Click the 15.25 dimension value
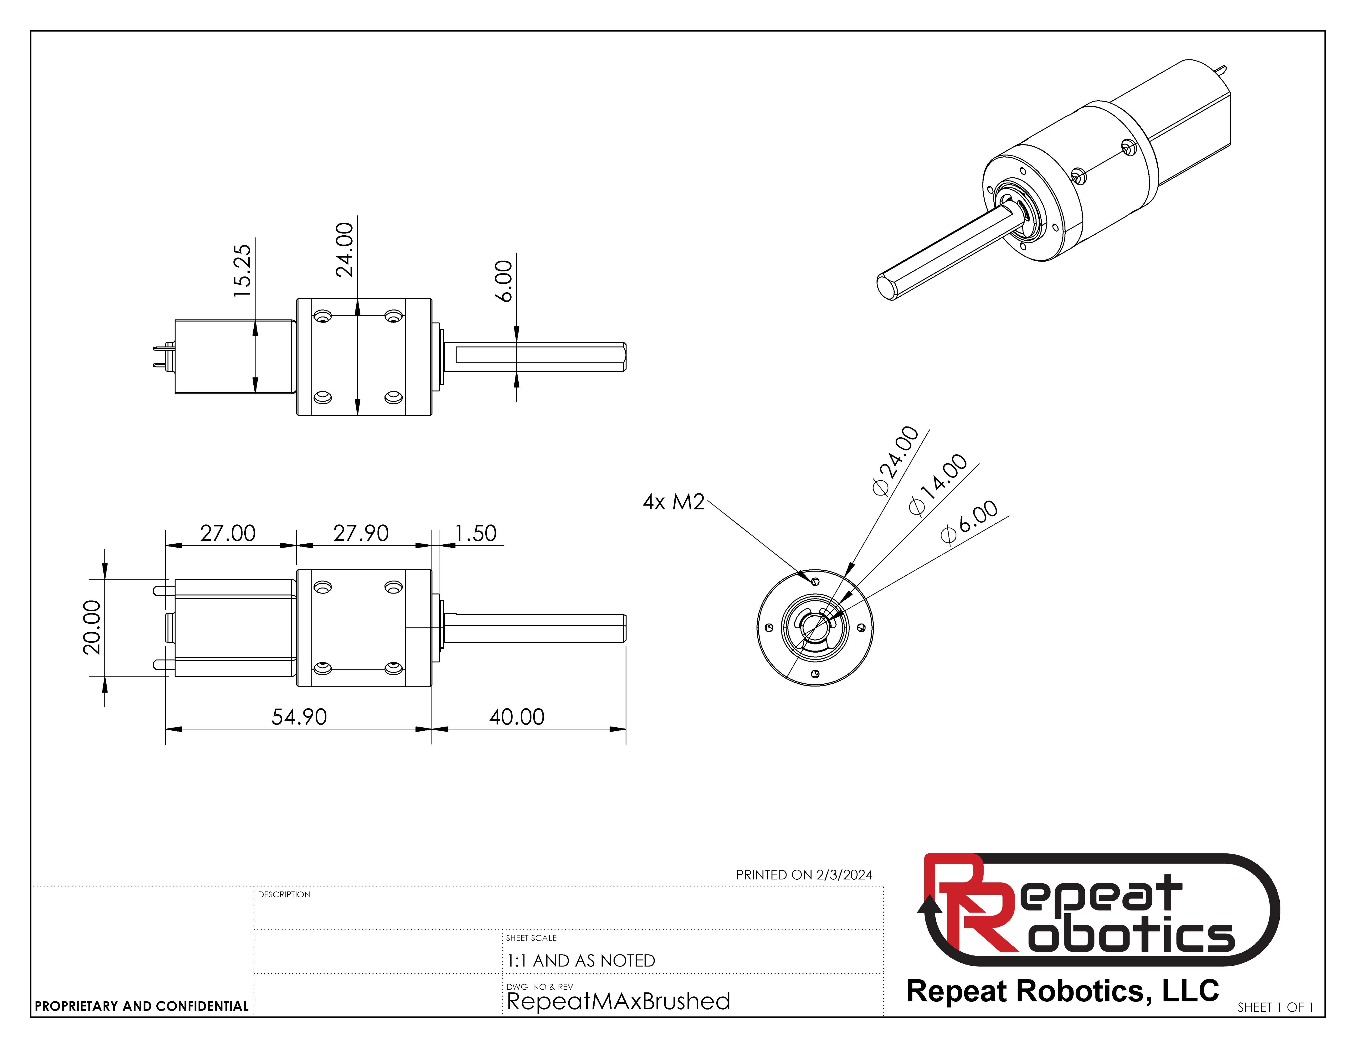pyautogui.click(x=242, y=271)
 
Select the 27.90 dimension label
pyautogui.click(x=361, y=533)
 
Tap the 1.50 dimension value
pyautogui.click(x=476, y=533)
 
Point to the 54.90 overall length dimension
pyautogui.click(x=299, y=717)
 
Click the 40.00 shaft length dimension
pyautogui.click(x=517, y=717)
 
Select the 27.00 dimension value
pyautogui.click(x=228, y=533)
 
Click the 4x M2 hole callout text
pyautogui.click(x=674, y=502)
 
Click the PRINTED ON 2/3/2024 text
pyautogui.click(x=804, y=875)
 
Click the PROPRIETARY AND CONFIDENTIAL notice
pyautogui.click(x=142, y=1006)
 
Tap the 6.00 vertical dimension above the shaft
pyautogui.click(x=503, y=281)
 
